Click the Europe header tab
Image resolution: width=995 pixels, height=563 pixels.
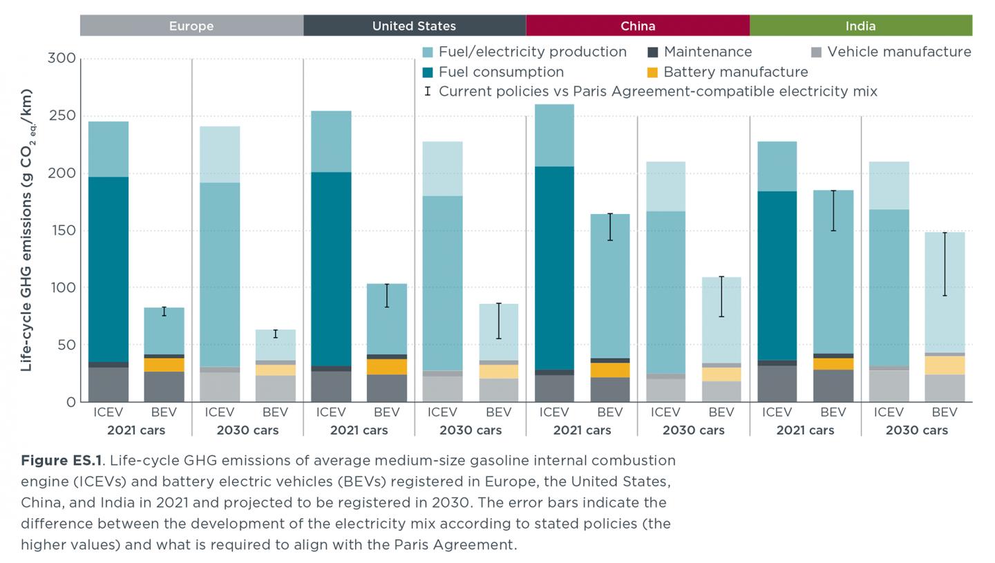click(x=191, y=26)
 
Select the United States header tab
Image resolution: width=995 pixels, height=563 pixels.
click(x=414, y=26)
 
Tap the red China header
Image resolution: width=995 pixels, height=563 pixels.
click(x=637, y=26)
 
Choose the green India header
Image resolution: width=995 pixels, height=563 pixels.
click(x=860, y=26)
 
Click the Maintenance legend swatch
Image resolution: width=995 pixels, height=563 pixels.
click(x=653, y=52)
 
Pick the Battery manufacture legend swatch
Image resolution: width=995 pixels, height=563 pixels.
click(x=653, y=72)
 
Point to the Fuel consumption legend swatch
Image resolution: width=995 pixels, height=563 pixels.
click(x=428, y=72)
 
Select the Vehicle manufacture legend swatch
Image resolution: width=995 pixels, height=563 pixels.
click(x=816, y=52)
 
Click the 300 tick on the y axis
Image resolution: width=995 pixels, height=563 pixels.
click(x=61, y=58)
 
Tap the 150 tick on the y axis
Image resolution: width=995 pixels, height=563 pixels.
click(x=61, y=230)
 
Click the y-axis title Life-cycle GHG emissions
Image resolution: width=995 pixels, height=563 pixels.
click(x=27, y=229)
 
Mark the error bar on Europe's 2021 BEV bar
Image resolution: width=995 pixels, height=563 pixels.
click(x=164, y=312)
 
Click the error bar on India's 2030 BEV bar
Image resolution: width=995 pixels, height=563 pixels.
click(x=945, y=264)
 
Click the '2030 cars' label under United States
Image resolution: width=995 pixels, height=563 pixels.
click(x=470, y=430)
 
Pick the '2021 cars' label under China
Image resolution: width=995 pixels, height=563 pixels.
click(x=582, y=430)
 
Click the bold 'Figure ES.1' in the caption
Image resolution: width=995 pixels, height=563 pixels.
click(x=61, y=461)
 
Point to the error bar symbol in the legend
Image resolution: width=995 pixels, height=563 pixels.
click(x=428, y=91)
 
